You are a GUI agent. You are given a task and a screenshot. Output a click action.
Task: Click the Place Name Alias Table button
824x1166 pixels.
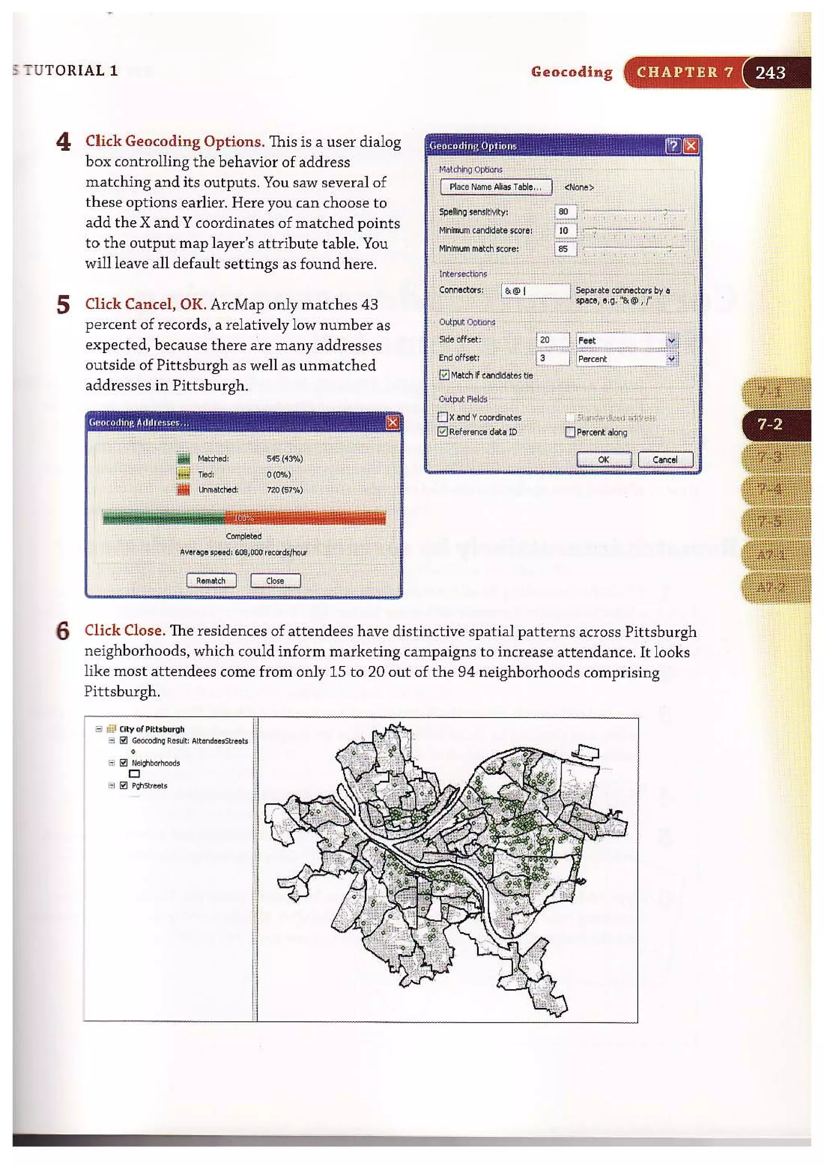pyautogui.click(x=496, y=187)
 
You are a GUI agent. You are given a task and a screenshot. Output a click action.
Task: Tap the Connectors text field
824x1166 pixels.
pyautogui.click(x=535, y=291)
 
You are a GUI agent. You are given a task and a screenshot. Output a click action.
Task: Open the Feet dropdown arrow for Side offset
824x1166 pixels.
pyautogui.click(x=671, y=340)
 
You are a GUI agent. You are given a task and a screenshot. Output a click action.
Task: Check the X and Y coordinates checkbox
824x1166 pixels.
pyautogui.click(x=443, y=417)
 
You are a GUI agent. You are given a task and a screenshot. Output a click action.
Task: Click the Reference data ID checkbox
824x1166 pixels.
pyautogui.click(x=443, y=431)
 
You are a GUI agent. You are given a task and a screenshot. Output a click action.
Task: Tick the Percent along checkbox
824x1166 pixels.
pyautogui.click(x=570, y=432)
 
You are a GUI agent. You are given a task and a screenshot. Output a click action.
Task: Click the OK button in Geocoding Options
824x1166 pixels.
pyautogui.click(x=603, y=460)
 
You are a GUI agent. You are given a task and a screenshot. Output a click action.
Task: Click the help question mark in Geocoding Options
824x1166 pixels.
pyautogui.click(x=673, y=146)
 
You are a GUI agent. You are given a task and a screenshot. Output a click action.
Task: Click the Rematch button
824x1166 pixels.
pyautogui.click(x=211, y=580)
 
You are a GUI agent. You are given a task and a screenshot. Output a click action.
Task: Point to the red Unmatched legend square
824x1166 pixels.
pyautogui.click(x=183, y=489)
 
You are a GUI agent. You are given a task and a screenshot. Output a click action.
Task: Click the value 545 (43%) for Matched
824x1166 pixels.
pyautogui.click(x=284, y=458)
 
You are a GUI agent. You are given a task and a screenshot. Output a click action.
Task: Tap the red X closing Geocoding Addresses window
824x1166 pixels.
pyautogui.click(x=392, y=423)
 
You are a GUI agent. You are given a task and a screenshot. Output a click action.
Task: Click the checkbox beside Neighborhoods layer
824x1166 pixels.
pyautogui.click(x=124, y=763)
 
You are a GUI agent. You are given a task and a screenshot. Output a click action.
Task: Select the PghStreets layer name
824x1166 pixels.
pyautogui.click(x=149, y=786)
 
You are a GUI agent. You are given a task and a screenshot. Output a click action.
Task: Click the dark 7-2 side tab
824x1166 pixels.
pyautogui.click(x=770, y=425)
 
